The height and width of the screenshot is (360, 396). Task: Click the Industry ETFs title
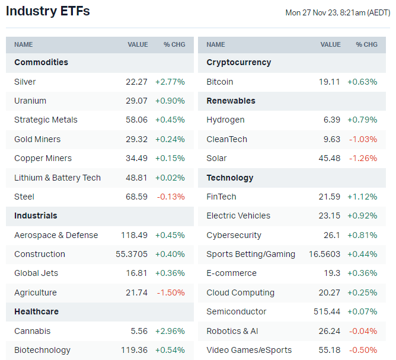coord(48,11)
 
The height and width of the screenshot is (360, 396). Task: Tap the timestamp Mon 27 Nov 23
coord(337,12)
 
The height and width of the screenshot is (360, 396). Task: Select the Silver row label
coord(25,82)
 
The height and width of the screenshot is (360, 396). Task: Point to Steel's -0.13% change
coord(170,197)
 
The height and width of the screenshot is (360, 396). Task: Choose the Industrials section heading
coord(36,216)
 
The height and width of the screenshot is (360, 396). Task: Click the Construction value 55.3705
coord(132,254)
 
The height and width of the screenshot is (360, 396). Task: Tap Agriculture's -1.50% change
coord(170,292)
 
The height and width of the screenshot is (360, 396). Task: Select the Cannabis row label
coord(33,331)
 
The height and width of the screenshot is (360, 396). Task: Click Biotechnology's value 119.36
coord(133,350)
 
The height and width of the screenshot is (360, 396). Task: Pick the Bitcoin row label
coord(220,82)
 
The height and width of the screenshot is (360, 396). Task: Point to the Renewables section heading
coord(231,101)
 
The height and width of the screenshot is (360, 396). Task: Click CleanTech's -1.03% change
coord(363,139)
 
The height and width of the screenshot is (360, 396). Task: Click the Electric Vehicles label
coord(238,216)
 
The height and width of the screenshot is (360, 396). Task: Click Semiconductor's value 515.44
coord(327,311)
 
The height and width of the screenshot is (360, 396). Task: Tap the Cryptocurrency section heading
coord(239,62)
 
